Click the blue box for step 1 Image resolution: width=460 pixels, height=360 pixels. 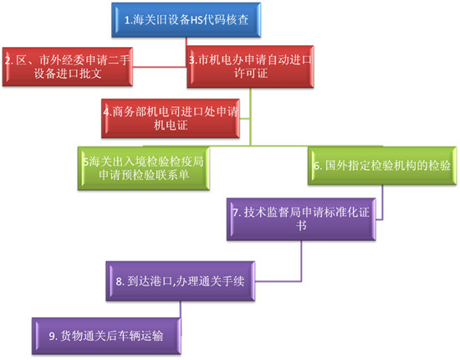pyautogui.click(x=186, y=20)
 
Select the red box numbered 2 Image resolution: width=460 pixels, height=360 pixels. pyautogui.click(x=68, y=67)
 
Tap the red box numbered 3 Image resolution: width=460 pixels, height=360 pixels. pyautogui.click(x=250, y=67)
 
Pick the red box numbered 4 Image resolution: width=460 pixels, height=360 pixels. pyautogui.click(x=171, y=118)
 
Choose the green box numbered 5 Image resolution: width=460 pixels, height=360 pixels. pyautogui.click(x=144, y=168)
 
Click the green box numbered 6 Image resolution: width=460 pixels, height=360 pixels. pyautogui.click(x=382, y=166)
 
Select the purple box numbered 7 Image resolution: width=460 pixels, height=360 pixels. pyautogui.click(x=301, y=219)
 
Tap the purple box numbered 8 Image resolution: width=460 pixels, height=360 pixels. pyautogui.click(x=180, y=281)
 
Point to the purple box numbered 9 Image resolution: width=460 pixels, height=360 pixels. pyautogui.click(x=106, y=336)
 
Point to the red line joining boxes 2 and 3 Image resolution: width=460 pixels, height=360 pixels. pyautogui.click(x=160, y=67)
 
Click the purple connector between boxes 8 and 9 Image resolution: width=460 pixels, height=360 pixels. pyautogui.click(x=181, y=309)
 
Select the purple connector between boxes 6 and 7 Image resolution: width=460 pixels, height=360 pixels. pyautogui.click(x=382, y=203)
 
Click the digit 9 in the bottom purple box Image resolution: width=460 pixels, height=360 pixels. pyautogui.click(x=52, y=337)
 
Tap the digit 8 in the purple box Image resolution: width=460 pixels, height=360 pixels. pyautogui.click(x=119, y=281)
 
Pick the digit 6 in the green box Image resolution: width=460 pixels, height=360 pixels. pyautogui.click(x=316, y=167)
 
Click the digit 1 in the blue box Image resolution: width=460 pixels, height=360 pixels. pyautogui.click(x=127, y=20)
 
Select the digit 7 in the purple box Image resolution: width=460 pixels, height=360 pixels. pyautogui.click(x=236, y=213)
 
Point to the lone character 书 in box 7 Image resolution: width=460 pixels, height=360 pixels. pyautogui.click(x=301, y=226)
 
